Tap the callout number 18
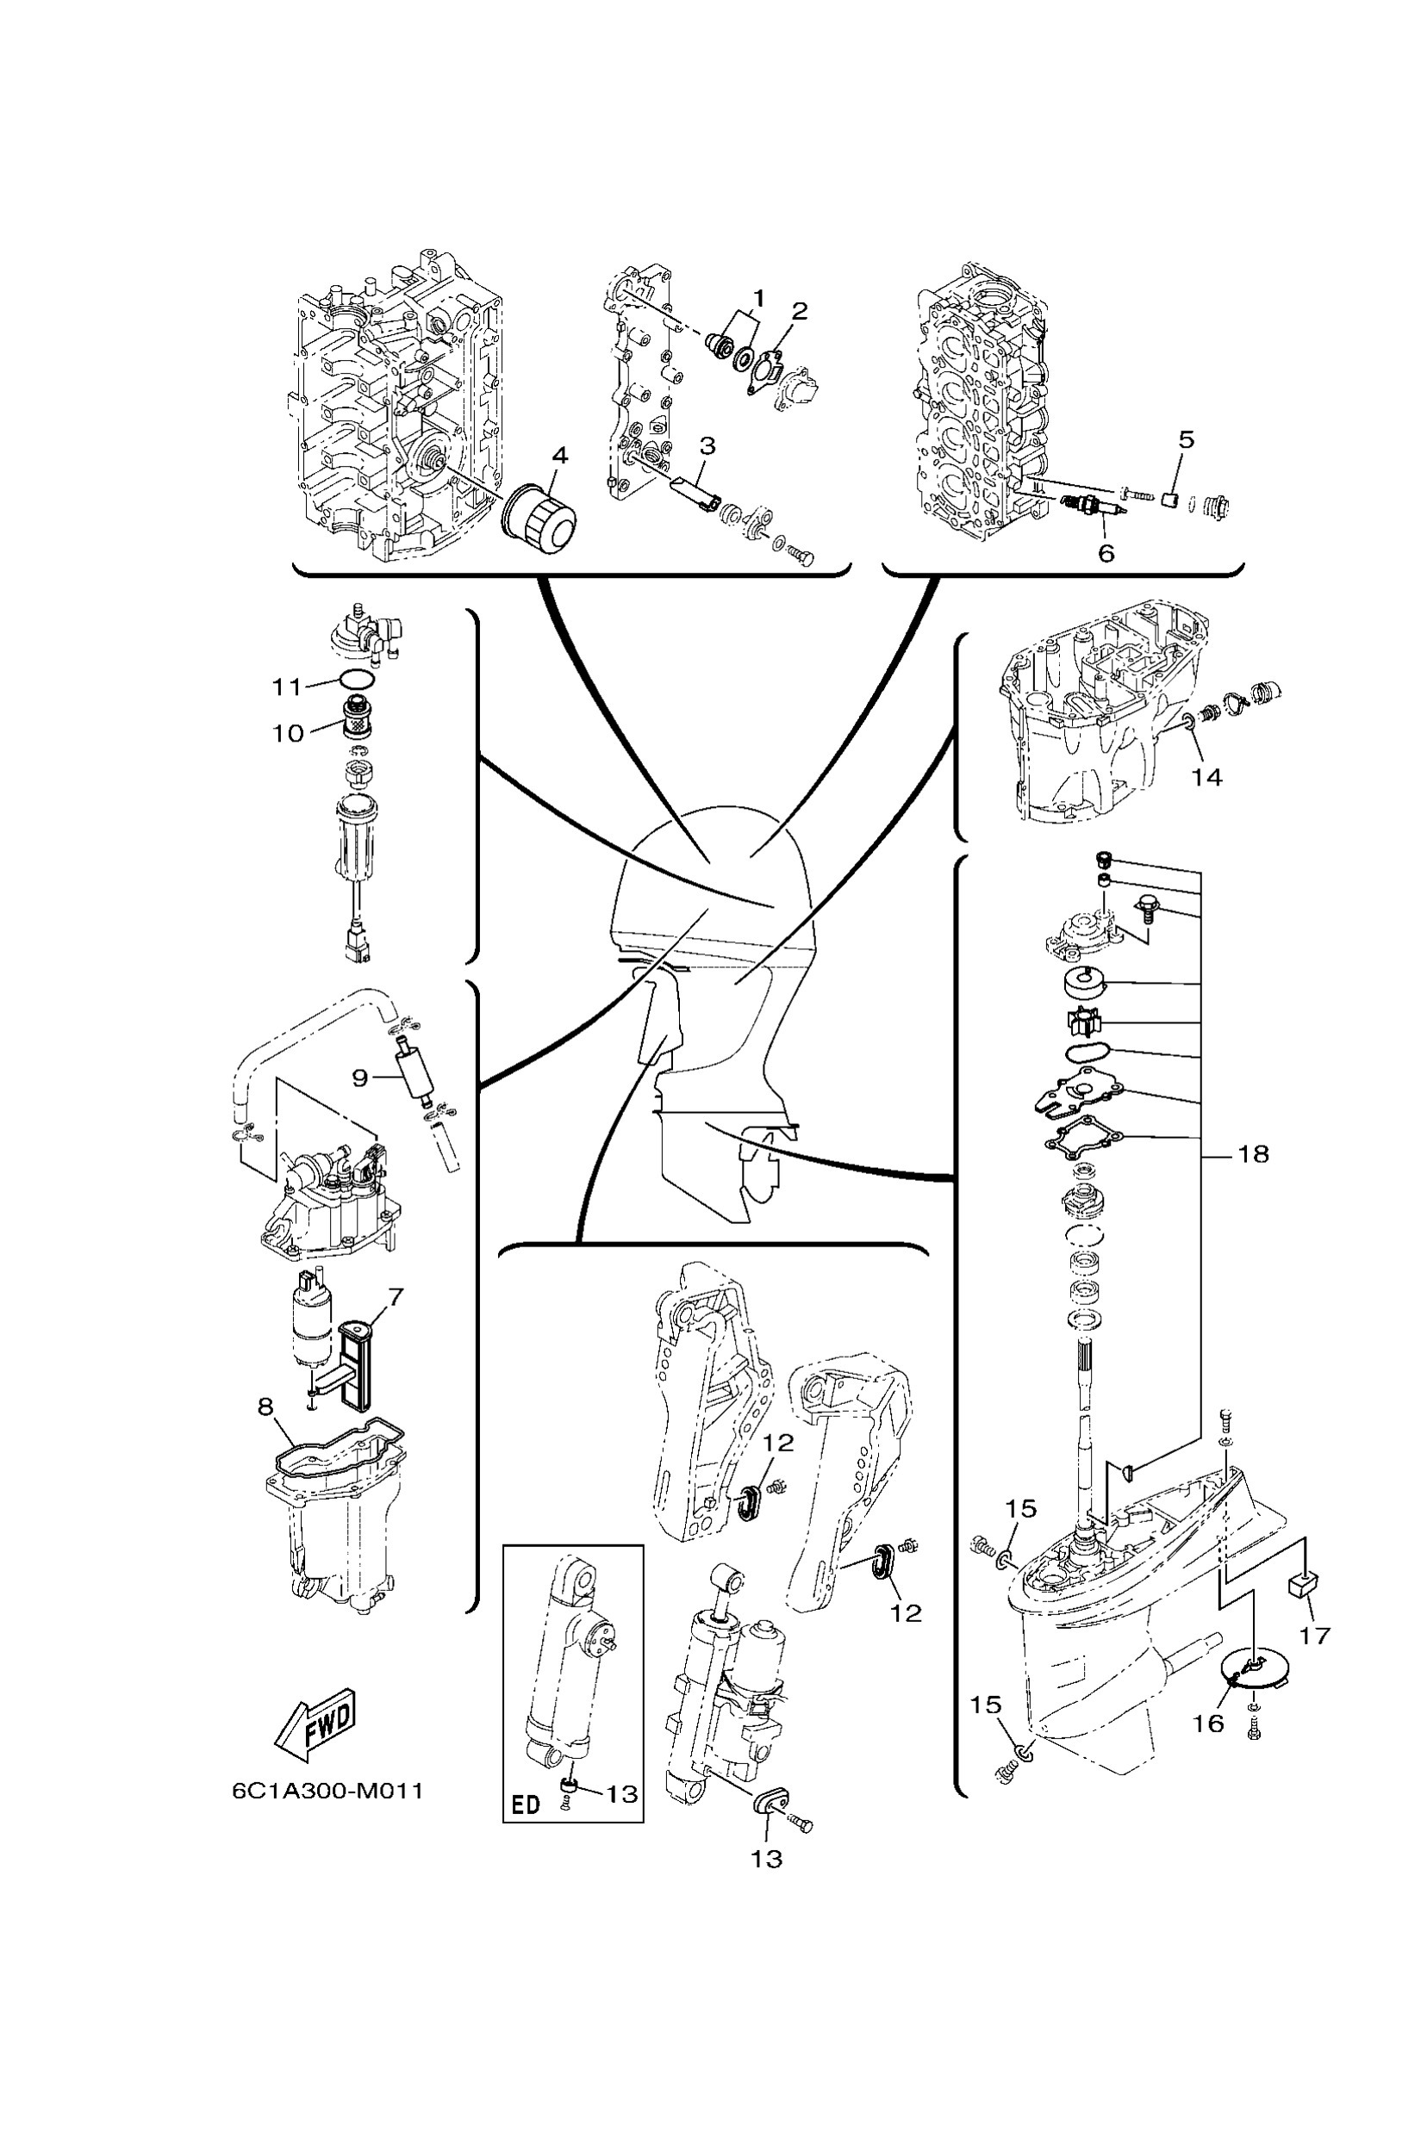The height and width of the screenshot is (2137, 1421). pos(1253,1154)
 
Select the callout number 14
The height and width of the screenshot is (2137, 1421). pos(1206,776)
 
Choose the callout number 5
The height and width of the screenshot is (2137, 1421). pos(1187,439)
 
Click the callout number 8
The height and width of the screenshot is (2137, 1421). pos(265,1406)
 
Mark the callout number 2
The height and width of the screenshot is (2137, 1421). pos(799,311)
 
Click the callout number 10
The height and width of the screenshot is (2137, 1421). pos(289,733)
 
